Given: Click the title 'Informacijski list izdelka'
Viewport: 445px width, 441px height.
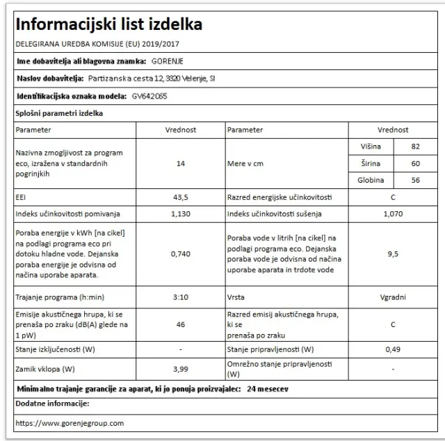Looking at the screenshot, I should click(x=109, y=24).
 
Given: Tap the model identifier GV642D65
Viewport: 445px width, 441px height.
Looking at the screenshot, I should click(x=149, y=97).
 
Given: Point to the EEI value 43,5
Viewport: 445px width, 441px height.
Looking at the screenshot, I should click(x=180, y=198).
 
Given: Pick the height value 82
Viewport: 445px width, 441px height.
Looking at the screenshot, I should click(x=416, y=147).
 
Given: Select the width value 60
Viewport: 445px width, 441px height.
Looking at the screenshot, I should click(x=416, y=164).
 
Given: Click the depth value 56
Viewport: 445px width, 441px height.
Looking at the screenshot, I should click(x=416, y=181).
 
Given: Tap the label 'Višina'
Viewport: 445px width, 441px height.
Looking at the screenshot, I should click(x=370, y=147).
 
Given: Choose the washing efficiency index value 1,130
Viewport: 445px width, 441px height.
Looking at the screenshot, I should click(x=180, y=215).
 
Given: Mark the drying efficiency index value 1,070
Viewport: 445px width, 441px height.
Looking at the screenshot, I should click(x=393, y=215).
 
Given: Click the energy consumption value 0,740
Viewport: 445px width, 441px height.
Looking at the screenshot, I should click(x=180, y=253).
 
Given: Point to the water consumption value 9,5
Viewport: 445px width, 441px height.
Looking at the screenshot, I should click(x=393, y=254).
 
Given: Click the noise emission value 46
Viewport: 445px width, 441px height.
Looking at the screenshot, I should click(x=180, y=324).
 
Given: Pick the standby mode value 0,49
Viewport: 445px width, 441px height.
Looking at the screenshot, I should click(x=393, y=349).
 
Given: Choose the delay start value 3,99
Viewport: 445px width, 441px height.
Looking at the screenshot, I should click(x=180, y=368).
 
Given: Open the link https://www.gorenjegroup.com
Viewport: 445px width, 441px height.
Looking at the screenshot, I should click(x=70, y=422).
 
